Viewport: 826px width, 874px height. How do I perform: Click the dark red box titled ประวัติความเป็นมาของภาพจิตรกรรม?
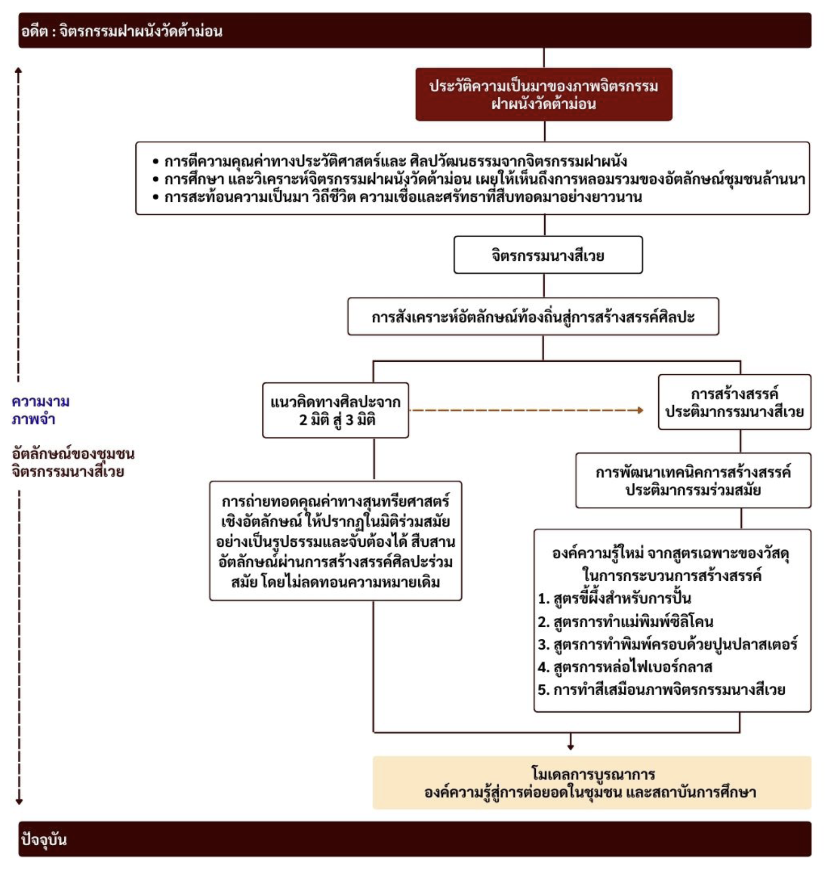point(544,95)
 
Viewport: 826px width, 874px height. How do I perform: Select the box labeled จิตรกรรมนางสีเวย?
point(548,255)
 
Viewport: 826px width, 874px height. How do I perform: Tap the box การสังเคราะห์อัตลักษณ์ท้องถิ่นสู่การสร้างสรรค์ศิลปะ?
point(533,317)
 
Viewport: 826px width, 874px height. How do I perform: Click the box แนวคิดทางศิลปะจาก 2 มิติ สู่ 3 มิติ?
point(336,410)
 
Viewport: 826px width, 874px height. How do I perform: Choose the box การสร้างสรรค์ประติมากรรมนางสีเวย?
point(735,402)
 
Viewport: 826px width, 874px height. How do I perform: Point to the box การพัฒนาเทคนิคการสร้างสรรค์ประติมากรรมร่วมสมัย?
point(693,480)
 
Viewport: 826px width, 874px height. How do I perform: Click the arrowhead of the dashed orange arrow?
point(639,410)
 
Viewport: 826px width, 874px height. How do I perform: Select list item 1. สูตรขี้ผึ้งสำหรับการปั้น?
point(615,598)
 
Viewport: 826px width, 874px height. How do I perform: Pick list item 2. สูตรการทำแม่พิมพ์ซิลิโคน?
point(626,622)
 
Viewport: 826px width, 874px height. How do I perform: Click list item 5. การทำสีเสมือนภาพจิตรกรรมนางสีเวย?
point(662,690)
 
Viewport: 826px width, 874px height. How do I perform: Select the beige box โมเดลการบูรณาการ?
point(592,783)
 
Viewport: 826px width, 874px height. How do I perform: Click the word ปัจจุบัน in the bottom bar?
point(44,839)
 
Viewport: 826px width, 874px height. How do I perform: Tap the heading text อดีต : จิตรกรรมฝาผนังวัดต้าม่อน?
point(122,31)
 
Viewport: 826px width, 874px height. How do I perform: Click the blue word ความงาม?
point(41,401)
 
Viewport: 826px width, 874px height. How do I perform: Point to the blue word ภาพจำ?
point(34,419)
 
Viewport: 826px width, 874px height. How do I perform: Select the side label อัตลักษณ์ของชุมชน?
point(73,453)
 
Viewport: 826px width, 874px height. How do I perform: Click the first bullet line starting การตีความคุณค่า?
point(395,161)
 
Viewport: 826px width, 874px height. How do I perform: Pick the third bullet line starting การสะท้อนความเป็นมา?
point(403,197)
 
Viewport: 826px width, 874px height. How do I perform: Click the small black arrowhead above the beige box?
point(570,746)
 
